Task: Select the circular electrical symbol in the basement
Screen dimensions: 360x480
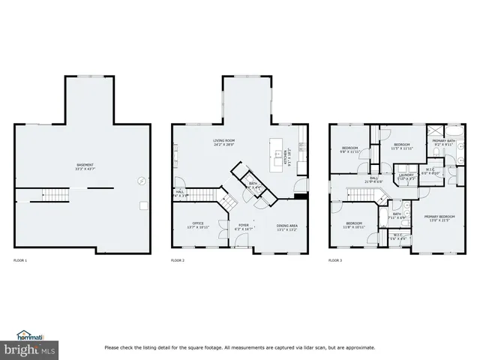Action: coord(139,180)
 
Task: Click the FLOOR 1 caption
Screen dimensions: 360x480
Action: coord(20,260)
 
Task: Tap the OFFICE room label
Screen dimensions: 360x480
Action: coord(198,224)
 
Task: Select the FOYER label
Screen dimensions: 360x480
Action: coord(244,224)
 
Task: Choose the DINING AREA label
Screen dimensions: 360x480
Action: coord(287,226)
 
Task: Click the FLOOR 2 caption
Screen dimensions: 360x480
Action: coord(178,260)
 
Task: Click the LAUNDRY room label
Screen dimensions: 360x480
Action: coord(407,177)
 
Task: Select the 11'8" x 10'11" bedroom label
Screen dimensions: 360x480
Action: coord(354,224)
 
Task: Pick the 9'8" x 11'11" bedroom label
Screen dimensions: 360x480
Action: coord(351,149)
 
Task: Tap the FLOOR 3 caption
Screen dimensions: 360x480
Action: coord(335,260)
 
